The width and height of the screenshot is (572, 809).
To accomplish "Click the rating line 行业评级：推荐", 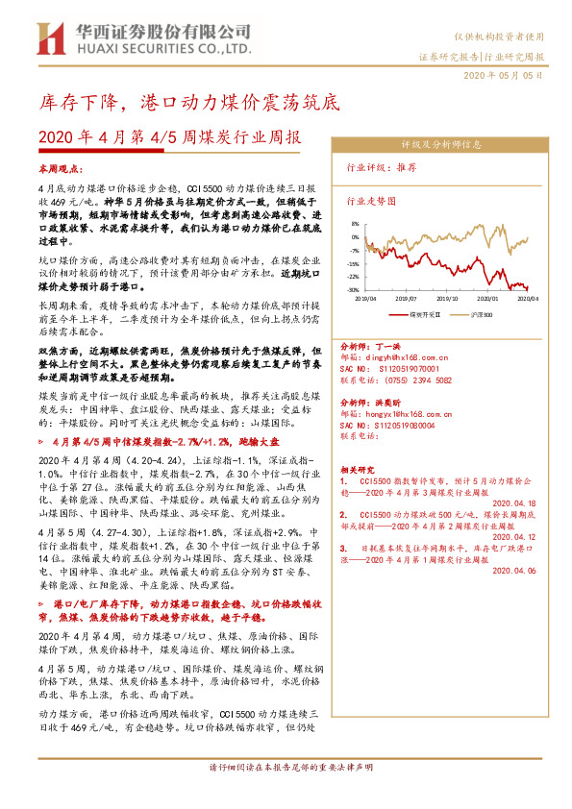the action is point(382,166).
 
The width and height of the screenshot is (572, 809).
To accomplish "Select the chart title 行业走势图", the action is point(371,203).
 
